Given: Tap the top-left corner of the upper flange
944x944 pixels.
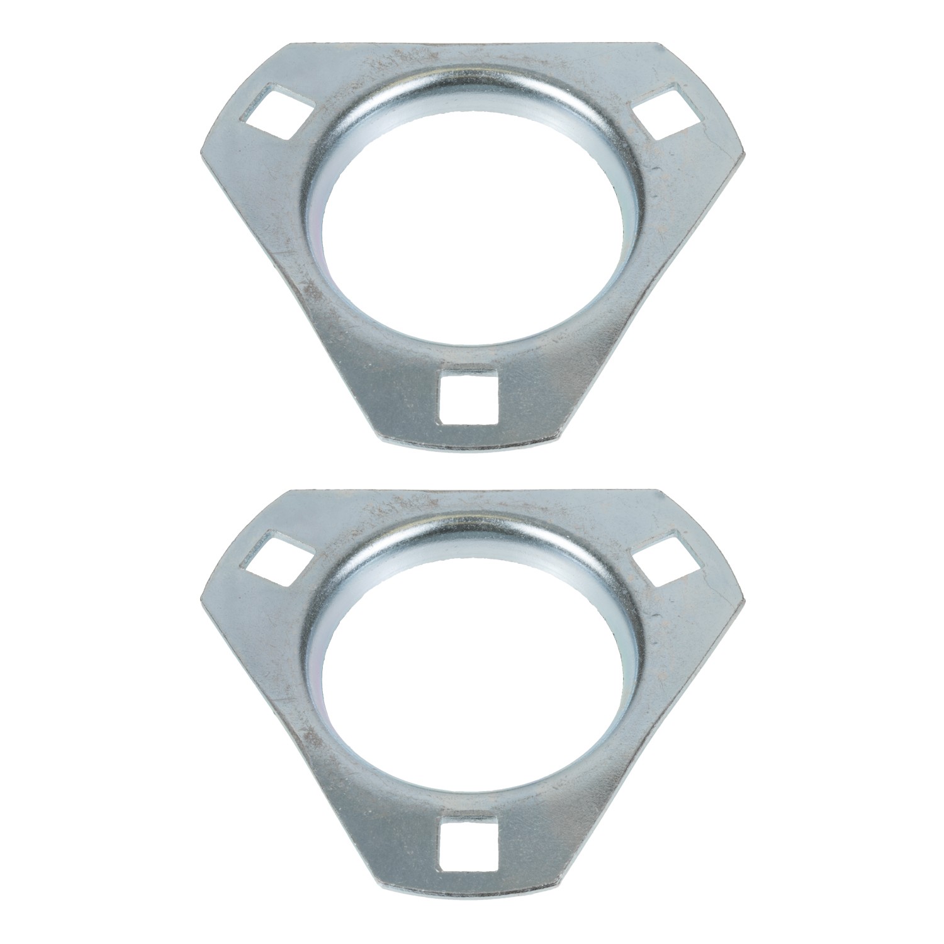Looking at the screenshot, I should [291, 44].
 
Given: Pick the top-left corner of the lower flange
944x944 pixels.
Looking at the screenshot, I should [291, 491].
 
